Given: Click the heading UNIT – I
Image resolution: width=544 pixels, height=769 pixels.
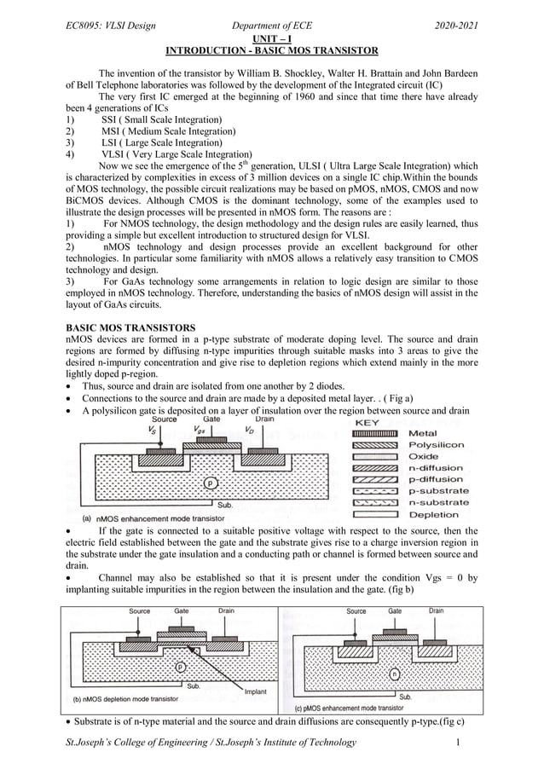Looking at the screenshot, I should pyautogui.click(x=272, y=39).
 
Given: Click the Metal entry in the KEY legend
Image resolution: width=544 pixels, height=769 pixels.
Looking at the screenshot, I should pyautogui.click(x=423, y=433).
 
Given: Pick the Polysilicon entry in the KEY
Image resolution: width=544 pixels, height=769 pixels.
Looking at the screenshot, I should pyautogui.click(x=437, y=445).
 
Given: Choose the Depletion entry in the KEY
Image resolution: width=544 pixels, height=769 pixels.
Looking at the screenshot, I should pyautogui.click(x=434, y=514).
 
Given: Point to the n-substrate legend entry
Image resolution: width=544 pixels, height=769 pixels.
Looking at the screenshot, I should pyautogui.click(x=438, y=503).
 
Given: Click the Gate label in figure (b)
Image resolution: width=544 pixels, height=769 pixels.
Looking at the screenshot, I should pyautogui.click(x=182, y=611).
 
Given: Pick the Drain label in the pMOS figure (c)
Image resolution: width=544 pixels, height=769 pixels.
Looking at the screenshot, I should pyautogui.click(x=436, y=611).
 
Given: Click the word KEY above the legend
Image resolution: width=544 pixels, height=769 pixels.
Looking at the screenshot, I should pyautogui.click(x=367, y=422).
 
